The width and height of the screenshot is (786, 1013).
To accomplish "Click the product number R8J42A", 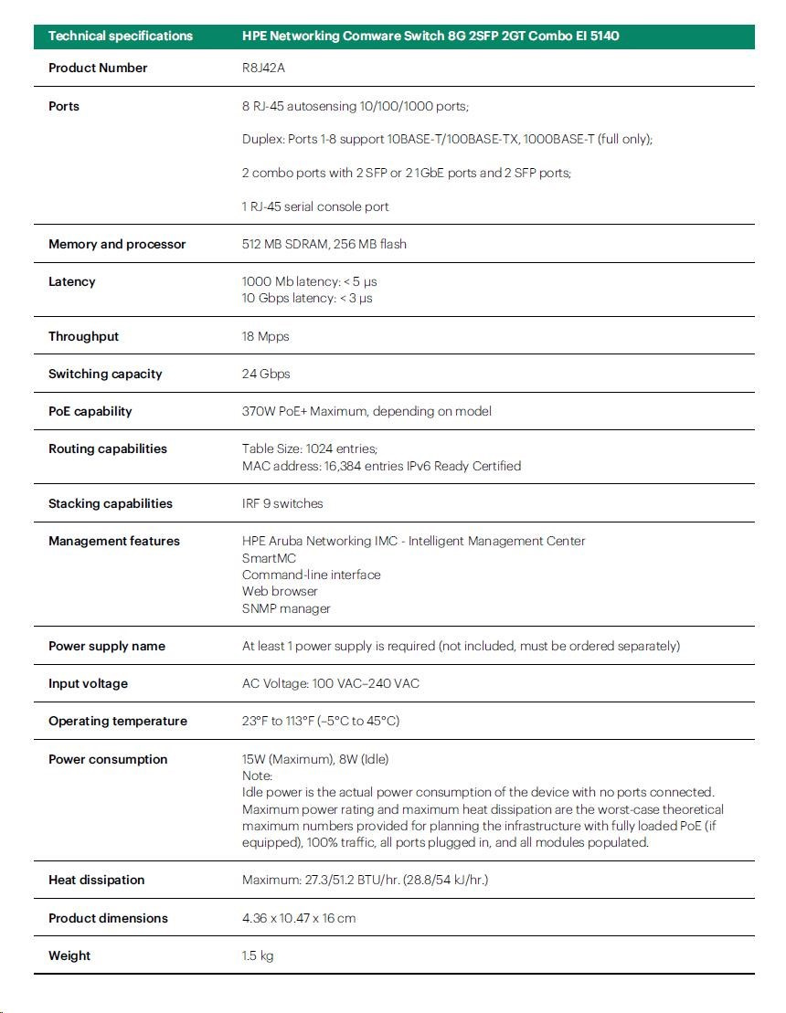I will click(x=261, y=68).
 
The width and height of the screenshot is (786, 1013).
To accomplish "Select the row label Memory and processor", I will click(x=117, y=244).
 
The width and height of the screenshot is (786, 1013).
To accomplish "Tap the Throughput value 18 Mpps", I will click(x=265, y=336).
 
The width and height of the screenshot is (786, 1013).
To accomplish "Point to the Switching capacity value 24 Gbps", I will click(x=266, y=374).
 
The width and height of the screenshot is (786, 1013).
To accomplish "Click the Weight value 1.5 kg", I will click(x=258, y=955).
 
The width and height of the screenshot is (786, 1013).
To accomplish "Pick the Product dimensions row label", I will click(x=108, y=918).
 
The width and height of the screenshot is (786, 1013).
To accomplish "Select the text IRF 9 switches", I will click(x=282, y=503).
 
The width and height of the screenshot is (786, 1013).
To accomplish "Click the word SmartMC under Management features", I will click(x=269, y=558).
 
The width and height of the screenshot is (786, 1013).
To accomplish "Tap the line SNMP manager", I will click(x=286, y=608).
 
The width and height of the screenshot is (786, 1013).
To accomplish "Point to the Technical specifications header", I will click(x=121, y=37).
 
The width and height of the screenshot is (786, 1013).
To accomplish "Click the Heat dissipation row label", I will click(x=96, y=880).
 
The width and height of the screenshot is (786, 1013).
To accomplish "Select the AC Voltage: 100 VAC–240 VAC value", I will click(x=331, y=683).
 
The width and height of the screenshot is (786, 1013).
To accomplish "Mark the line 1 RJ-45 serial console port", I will click(x=315, y=206).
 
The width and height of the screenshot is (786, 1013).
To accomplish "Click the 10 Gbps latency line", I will click(x=307, y=298).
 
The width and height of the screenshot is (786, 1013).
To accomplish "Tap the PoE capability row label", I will click(x=90, y=411).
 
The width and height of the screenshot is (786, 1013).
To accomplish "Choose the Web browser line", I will click(x=280, y=591).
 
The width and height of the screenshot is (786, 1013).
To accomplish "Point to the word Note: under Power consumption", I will click(x=258, y=776).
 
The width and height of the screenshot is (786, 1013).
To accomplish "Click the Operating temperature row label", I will click(x=117, y=721).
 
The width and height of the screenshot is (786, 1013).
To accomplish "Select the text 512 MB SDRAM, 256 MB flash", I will click(x=324, y=244).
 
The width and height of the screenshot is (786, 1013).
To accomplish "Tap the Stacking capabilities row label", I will click(x=110, y=503).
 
